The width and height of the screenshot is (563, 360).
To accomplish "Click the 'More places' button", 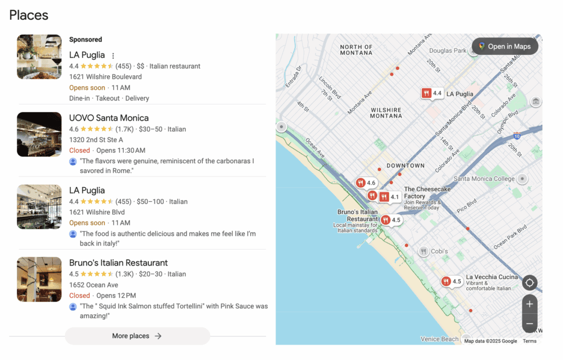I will coord(137,336).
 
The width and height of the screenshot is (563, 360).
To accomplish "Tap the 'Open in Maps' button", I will coord(505,46).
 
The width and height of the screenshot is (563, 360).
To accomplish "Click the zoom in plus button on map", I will coord(529,304).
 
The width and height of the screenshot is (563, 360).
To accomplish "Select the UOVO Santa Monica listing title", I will coord(109,118).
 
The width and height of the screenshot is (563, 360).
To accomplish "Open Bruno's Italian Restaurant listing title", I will coord(118,263).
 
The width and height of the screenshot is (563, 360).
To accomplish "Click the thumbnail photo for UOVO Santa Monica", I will coord(39,134).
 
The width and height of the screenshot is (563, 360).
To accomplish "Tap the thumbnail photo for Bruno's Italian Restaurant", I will coord(39,279).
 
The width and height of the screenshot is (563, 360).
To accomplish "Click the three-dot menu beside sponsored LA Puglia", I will coord(113,56).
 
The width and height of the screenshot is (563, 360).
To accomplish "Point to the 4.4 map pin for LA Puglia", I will coord(432,93).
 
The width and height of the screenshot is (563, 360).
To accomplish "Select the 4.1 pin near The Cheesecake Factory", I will coord(390,197).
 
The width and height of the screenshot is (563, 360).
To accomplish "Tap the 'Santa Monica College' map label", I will coord(484,179).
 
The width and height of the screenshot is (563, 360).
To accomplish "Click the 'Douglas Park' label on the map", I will coord(448,51).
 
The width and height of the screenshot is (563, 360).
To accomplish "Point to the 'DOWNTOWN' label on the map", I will coord(405,165).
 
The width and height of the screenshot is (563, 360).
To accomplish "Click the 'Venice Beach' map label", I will coord(439,339).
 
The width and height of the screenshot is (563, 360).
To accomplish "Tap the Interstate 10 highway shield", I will coord(516,135).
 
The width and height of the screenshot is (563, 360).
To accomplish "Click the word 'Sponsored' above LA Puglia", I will coord(86,40).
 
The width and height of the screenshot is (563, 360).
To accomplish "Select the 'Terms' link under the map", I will coord(529,341).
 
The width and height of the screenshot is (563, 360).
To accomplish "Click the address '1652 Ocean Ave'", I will coord(93,285).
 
